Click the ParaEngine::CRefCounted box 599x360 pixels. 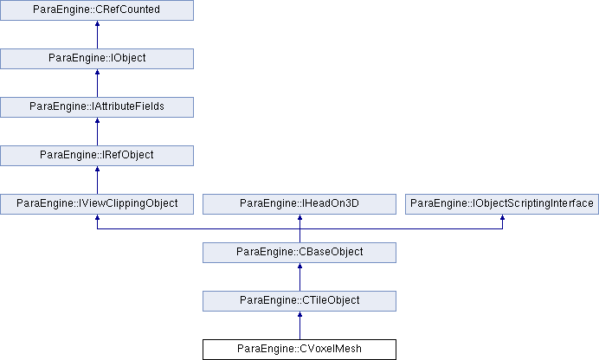coord(97,10)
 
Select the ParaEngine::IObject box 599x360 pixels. coord(97,58)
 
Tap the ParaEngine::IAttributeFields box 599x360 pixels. coord(97,107)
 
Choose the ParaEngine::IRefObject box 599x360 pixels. coord(97,156)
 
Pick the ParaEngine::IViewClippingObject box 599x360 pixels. coord(97,204)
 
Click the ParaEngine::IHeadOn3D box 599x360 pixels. coord(299,204)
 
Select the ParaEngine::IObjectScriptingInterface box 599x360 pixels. coord(502,204)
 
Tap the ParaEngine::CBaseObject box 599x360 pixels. coord(299,253)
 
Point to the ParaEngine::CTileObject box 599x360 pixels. coord(299,301)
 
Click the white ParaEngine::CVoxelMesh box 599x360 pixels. coord(299,350)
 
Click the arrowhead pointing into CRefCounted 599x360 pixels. coord(97,23)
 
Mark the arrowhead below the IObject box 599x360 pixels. coord(97,72)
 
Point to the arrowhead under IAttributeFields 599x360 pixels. coord(97,120)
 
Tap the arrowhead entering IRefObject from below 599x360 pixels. coord(97,169)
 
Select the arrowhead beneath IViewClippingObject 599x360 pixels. coord(97,217)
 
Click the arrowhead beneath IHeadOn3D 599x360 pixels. coord(299,217)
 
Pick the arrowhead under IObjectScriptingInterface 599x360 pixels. coord(502,217)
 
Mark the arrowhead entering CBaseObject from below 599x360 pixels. coord(299,266)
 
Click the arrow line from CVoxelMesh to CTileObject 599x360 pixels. coord(299,325)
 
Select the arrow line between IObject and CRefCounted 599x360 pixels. coord(97,35)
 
